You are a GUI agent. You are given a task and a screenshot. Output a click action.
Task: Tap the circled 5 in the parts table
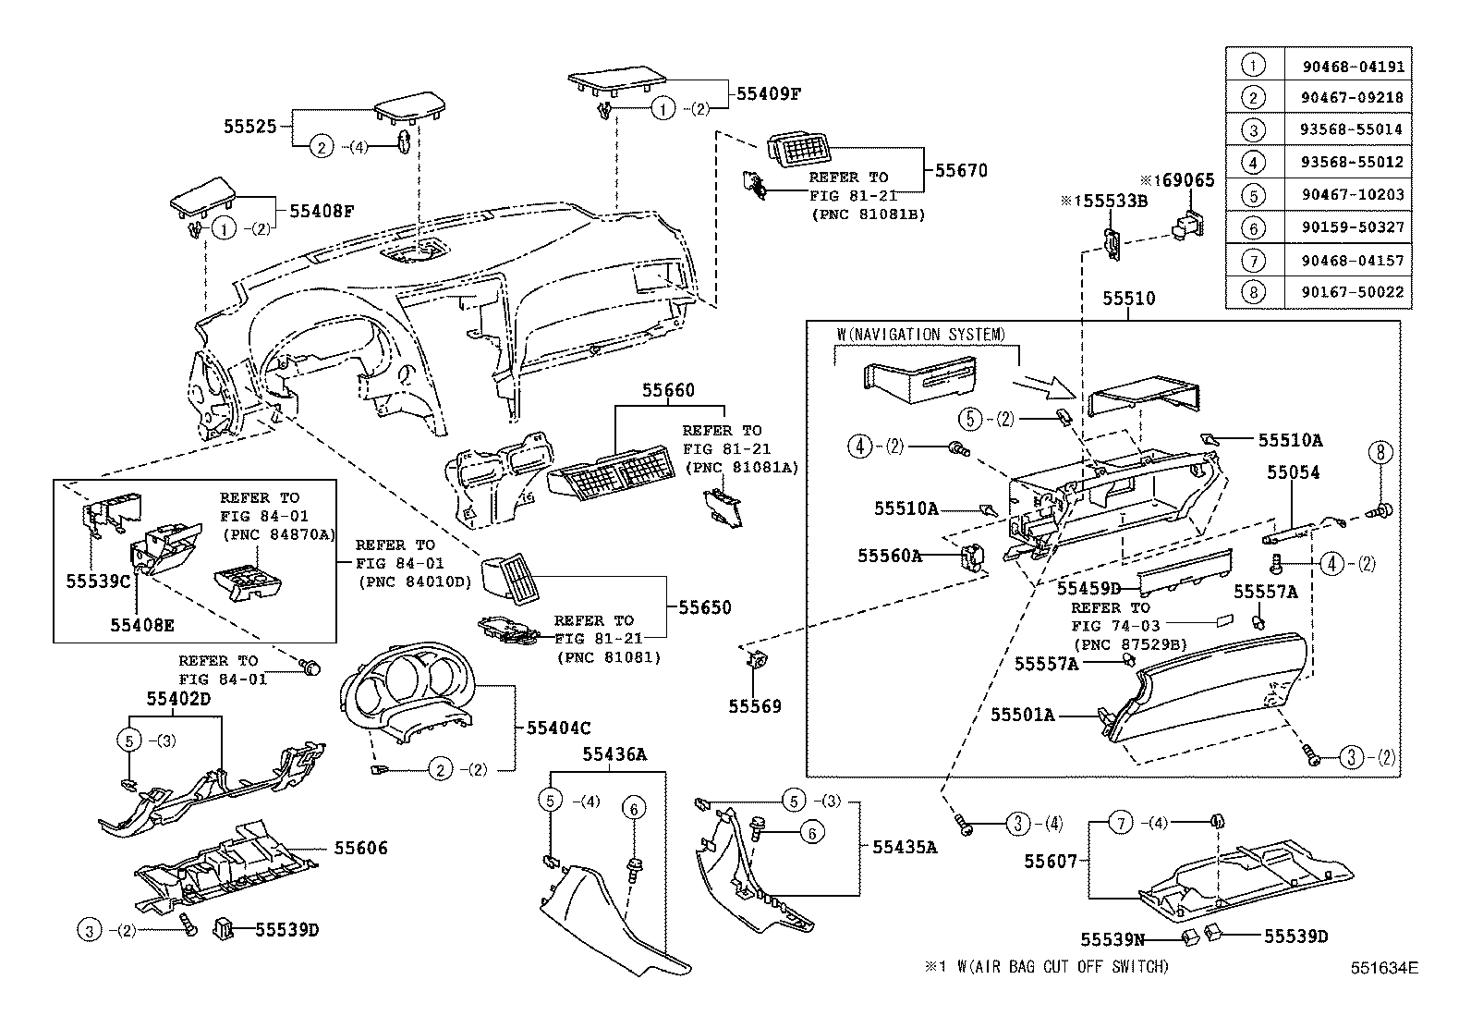click(1253, 195)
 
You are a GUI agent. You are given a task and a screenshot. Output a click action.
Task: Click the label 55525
click(249, 126)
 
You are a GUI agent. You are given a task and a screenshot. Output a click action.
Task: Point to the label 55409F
click(768, 93)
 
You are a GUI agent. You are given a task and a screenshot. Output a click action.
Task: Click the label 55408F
click(322, 211)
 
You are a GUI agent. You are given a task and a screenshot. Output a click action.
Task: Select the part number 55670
click(961, 171)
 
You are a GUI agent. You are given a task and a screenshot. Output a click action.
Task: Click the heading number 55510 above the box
click(1128, 299)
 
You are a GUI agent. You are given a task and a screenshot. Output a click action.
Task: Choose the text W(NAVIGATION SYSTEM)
click(921, 335)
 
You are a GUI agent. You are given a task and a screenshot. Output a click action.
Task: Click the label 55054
click(1293, 472)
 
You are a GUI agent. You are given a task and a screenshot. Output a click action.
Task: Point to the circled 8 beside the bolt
click(1380, 452)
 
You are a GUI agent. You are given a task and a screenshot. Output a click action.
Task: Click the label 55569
click(754, 706)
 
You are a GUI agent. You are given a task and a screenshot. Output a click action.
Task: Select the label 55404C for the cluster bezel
click(558, 728)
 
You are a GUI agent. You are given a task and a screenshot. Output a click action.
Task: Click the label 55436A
click(614, 754)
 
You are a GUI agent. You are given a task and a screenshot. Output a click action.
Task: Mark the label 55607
click(1051, 861)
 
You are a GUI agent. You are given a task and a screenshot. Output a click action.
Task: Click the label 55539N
click(1112, 939)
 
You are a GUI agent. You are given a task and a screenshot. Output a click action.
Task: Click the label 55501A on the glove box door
click(1023, 715)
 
